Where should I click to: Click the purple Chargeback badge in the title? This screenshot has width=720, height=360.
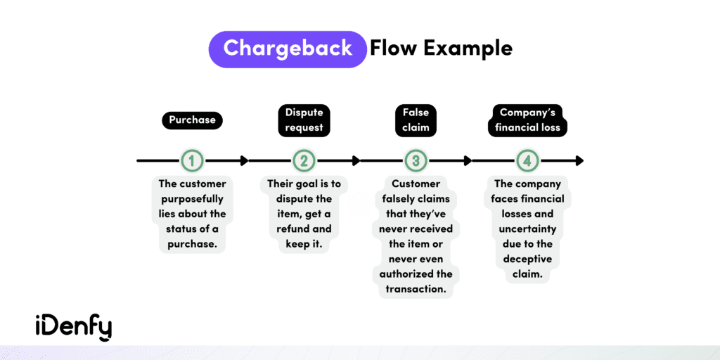point(288,49)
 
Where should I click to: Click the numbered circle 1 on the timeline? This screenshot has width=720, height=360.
point(192,161)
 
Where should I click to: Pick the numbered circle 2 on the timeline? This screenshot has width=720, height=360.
point(304,161)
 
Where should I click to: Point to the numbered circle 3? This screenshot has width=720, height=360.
point(416,161)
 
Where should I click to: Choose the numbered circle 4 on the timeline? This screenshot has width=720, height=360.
point(527,161)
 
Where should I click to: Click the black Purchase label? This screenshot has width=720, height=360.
point(192,120)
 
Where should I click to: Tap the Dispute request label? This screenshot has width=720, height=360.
point(304,120)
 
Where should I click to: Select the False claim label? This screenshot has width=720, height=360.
point(416,120)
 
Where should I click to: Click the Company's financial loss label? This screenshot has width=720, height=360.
point(527,120)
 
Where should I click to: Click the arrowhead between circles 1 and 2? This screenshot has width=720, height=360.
point(243,161)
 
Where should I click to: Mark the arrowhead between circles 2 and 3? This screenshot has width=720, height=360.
point(355,161)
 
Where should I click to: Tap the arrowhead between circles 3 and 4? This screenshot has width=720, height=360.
point(467,161)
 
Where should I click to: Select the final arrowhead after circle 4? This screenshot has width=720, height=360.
point(579,161)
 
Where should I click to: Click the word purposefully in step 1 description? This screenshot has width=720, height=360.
point(192,199)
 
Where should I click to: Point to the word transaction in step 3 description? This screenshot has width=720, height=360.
point(416,288)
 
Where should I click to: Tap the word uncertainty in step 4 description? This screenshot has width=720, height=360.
point(527,229)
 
